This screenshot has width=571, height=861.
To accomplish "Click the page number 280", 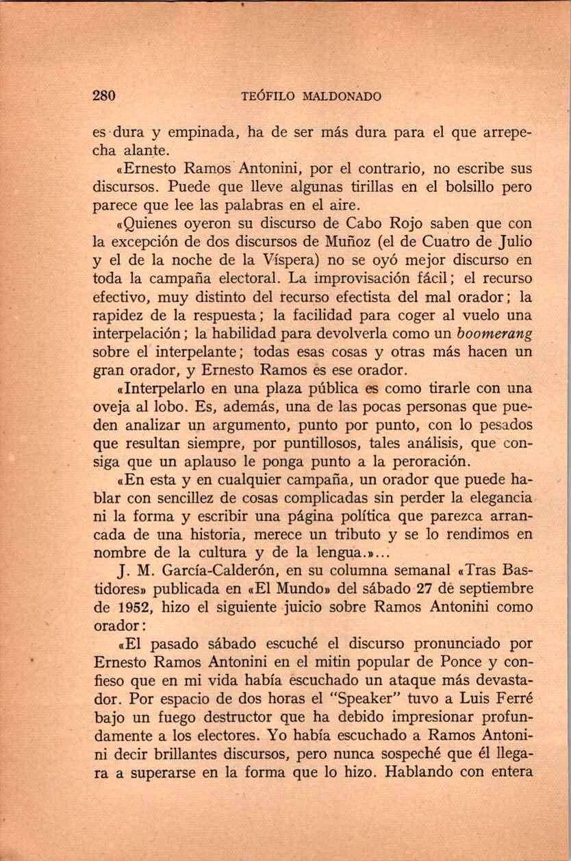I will tap(105, 96).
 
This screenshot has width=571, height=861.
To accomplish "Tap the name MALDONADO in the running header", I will tap(338, 97).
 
